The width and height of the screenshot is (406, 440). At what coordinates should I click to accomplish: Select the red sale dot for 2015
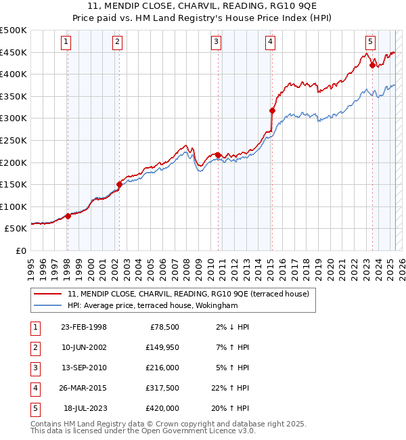pos(272,110)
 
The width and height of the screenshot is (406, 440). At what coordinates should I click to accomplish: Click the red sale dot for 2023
pos(372,65)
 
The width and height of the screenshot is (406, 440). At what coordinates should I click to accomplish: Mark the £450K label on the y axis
pos(14,52)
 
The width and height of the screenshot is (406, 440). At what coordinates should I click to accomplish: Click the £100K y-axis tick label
pos(14,206)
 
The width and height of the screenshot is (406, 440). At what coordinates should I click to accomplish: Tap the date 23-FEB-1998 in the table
pos(84,327)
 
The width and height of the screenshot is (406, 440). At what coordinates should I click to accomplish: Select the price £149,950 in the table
pos(162,347)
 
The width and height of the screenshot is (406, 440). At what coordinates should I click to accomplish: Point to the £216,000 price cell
pos(162,368)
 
